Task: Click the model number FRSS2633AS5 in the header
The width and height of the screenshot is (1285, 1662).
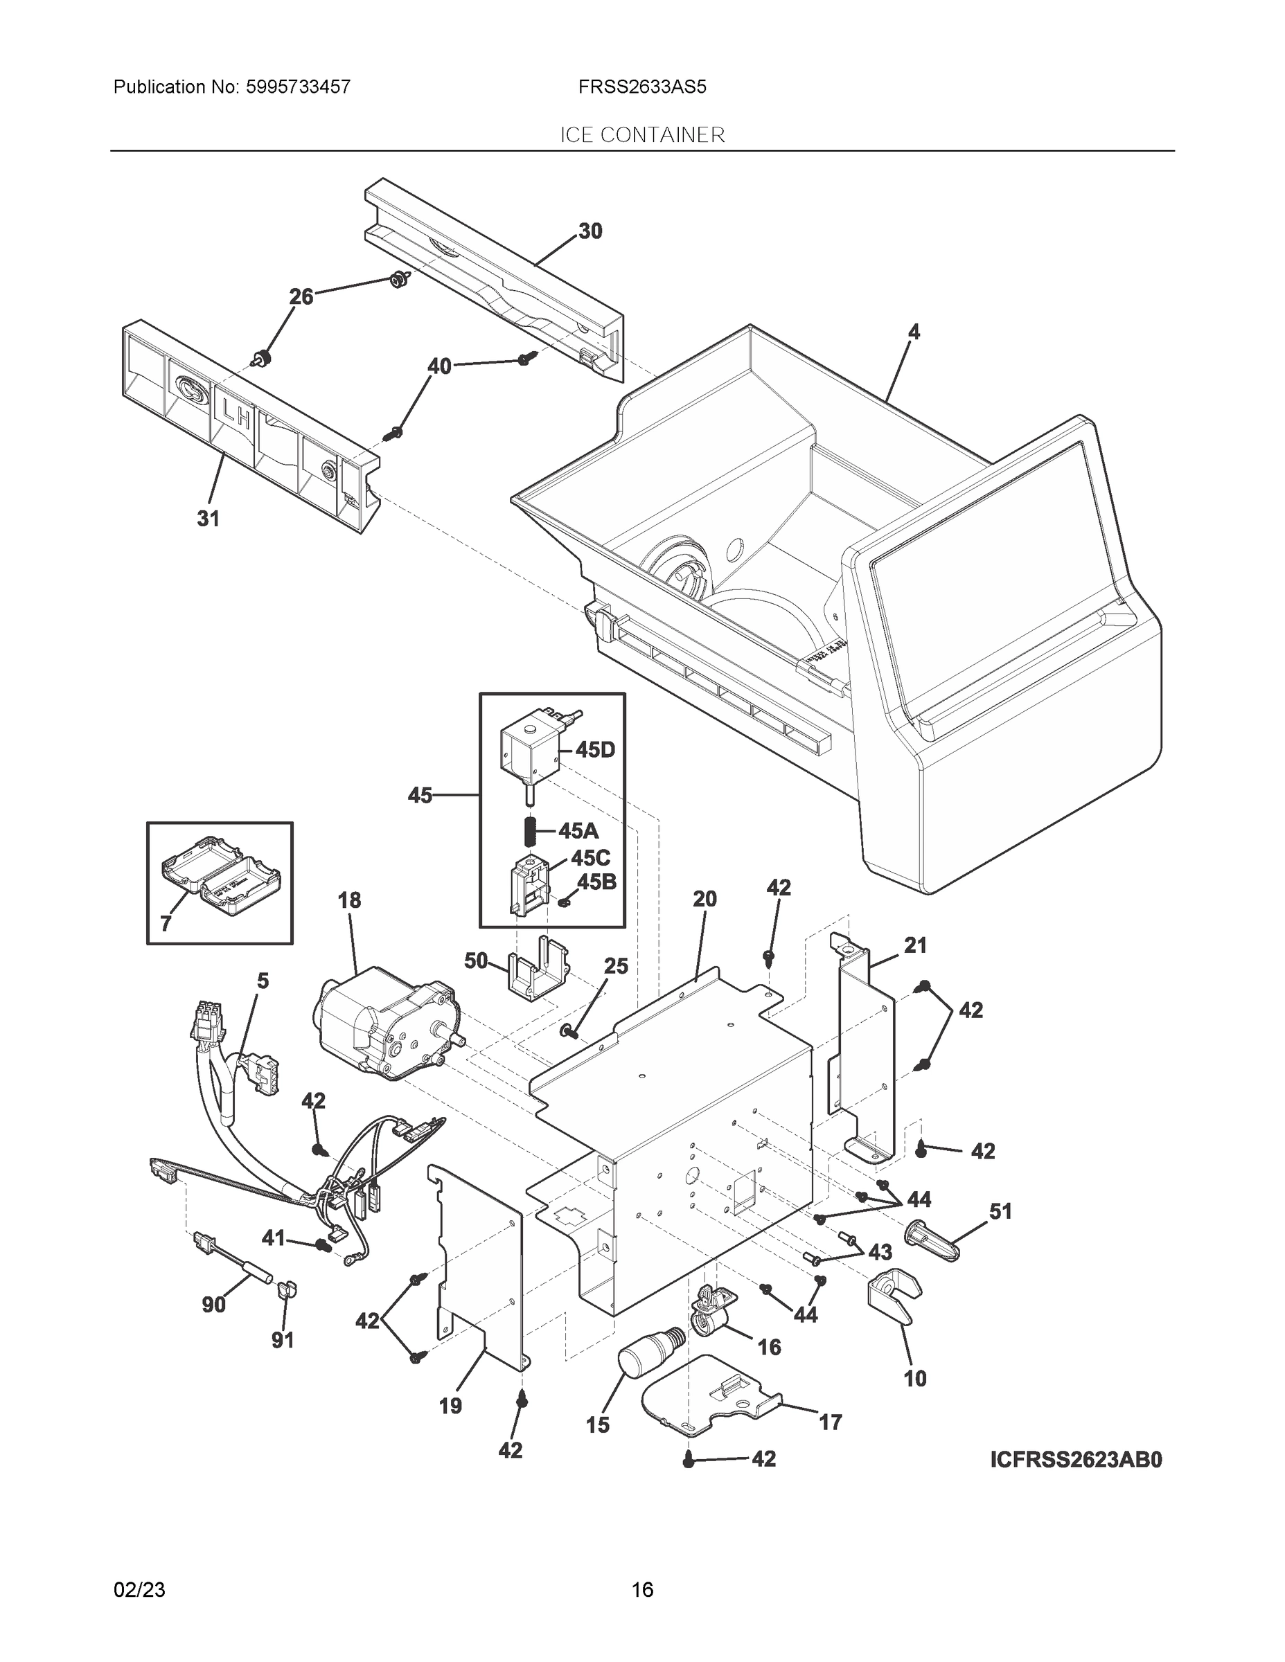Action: click(641, 87)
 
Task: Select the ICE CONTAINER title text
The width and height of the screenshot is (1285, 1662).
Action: click(641, 135)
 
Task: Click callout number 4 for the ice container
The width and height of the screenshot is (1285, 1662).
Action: click(914, 332)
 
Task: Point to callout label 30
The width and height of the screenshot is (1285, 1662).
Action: click(590, 231)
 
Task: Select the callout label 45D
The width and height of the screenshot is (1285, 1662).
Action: click(594, 749)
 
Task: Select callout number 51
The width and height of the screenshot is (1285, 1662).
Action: click(1000, 1210)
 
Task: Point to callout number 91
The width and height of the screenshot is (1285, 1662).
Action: click(283, 1339)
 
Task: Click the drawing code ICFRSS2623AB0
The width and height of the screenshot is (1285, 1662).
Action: click(1076, 1460)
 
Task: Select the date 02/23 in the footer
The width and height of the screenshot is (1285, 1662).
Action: click(139, 1589)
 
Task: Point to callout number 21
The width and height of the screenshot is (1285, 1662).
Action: click(915, 946)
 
